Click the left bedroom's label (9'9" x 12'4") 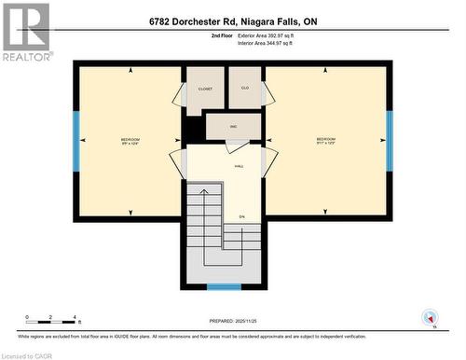click(x=129, y=141)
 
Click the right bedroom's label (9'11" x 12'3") click(x=327, y=141)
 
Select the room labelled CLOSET click(x=206, y=90)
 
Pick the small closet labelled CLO click(x=246, y=90)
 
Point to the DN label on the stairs click(x=241, y=217)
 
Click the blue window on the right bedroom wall click(x=390, y=141)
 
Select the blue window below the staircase click(x=224, y=287)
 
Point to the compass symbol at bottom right click(x=430, y=318)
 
